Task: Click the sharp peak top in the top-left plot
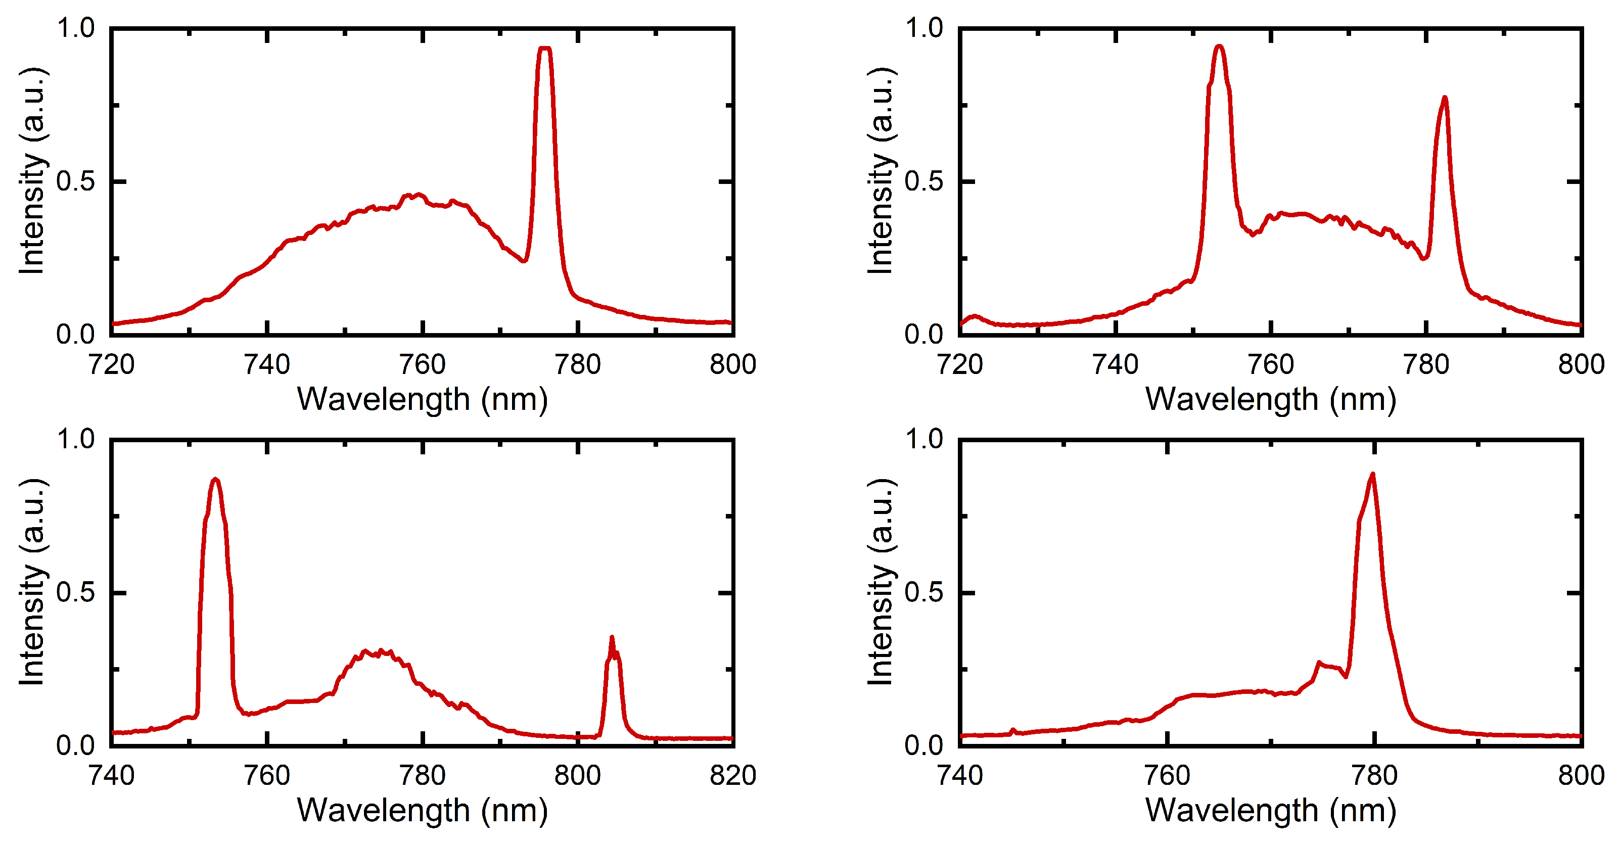point(545,49)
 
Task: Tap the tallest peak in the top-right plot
point(1219,46)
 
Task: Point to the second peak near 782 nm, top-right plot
point(1444,98)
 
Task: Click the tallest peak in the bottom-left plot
point(215,480)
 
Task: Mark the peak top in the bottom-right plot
point(1373,475)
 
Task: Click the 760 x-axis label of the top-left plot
point(423,364)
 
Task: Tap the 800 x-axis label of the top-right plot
point(1581,364)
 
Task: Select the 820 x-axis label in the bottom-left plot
point(733,775)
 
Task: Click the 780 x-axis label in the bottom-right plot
point(1374,775)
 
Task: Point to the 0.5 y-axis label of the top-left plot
point(75,181)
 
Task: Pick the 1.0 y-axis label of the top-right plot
point(923,28)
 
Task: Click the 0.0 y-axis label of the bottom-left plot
point(75,745)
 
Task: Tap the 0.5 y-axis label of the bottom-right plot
point(923,592)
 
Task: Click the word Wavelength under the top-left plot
point(383,400)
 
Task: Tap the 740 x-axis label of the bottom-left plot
point(112,775)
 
